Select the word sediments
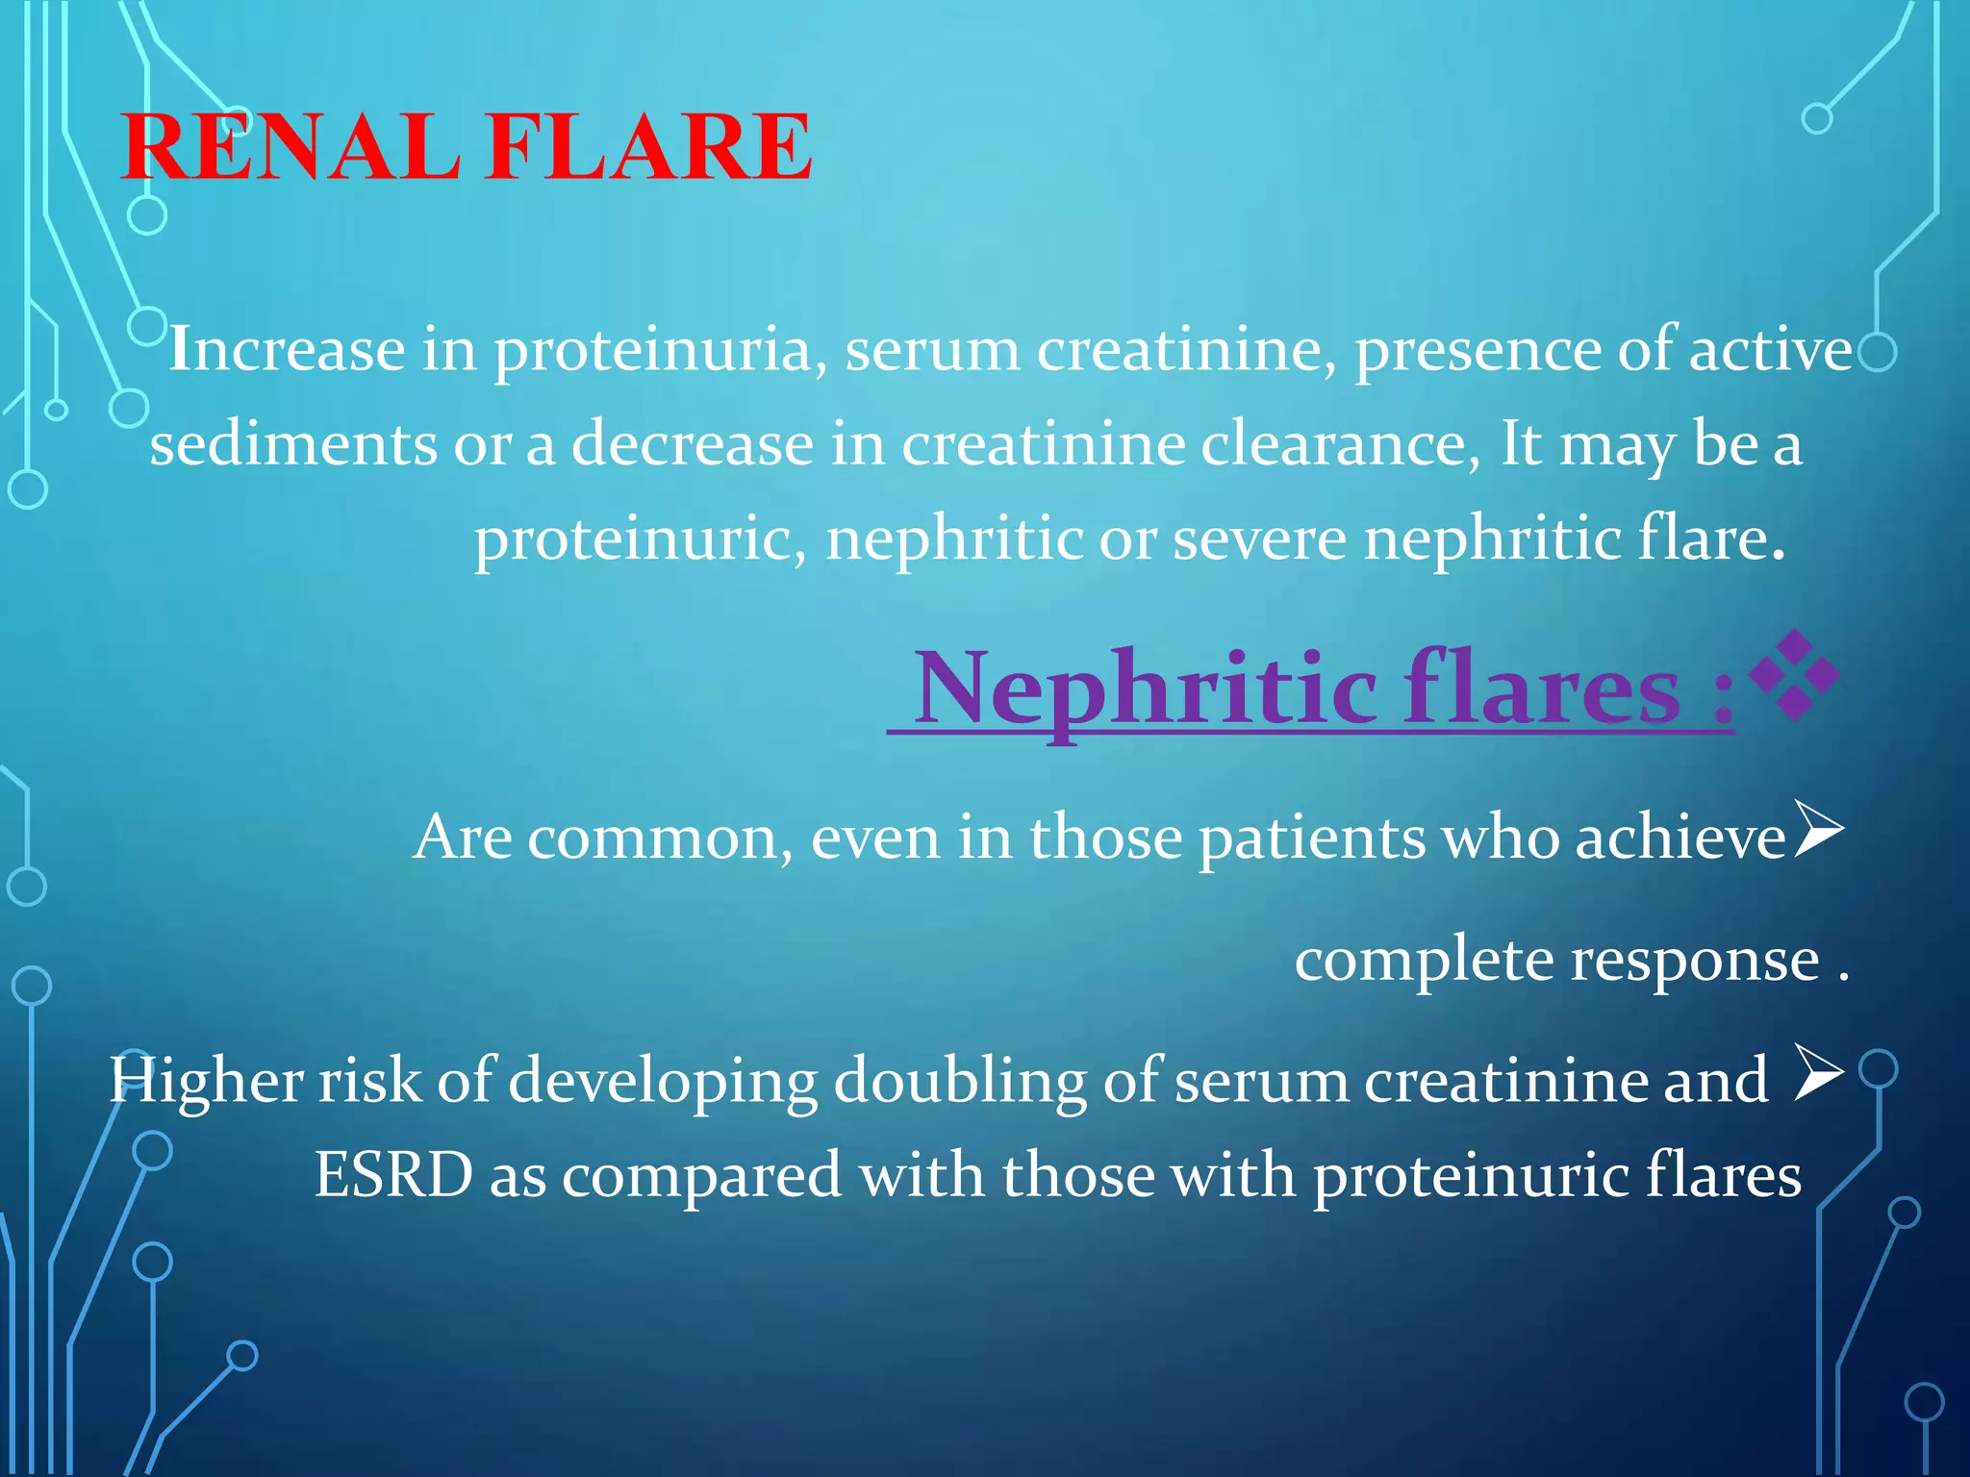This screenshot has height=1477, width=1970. (293, 444)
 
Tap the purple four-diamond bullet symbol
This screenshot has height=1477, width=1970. (1793, 675)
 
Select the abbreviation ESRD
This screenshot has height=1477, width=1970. (393, 1175)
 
